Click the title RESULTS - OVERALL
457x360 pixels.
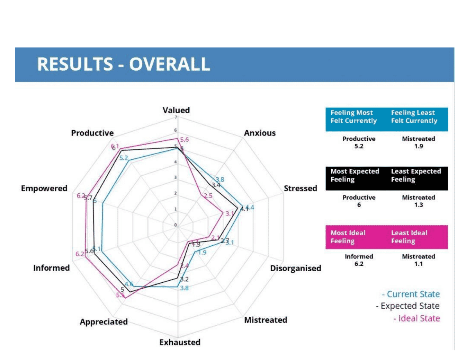pos(124,64)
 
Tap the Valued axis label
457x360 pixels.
pos(176,110)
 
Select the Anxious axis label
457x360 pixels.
pos(260,133)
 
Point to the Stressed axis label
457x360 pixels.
pos(300,188)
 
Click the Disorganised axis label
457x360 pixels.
pos(295,268)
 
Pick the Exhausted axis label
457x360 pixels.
pos(180,342)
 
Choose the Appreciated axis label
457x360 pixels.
pos(104,322)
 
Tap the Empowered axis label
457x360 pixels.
pos(44,188)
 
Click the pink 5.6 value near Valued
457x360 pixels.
pos(185,140)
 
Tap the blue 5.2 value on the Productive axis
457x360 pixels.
pos(124,158)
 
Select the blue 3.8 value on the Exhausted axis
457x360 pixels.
pos(185,288)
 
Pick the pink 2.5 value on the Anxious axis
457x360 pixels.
pos(208,196)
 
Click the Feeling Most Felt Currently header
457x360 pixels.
pos(353,117)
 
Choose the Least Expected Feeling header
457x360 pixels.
pos(416,175)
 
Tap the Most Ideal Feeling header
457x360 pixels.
pos(348,237)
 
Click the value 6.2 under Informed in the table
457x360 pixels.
pos(359,264)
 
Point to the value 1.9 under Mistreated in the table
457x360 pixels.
pos(418,146)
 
